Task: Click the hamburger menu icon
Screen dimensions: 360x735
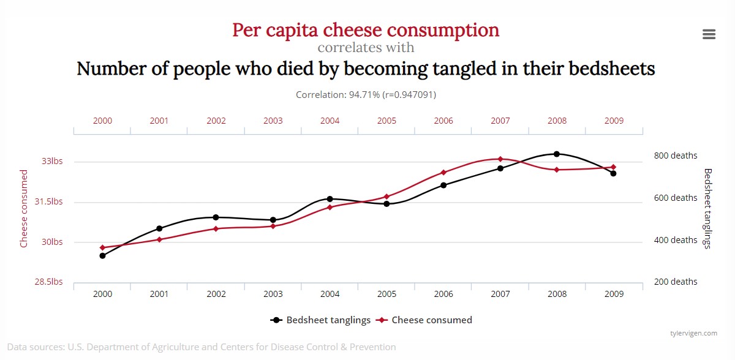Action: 709,34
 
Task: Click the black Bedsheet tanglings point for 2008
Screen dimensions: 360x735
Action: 557,154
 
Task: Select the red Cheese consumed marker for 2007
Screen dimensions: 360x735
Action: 500,159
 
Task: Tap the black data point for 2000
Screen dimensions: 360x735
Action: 103,255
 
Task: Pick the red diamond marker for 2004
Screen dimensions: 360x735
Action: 330,207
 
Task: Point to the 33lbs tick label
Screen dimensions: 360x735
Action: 52,162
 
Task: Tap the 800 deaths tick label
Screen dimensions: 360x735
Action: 675,156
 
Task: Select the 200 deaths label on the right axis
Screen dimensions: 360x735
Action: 675,282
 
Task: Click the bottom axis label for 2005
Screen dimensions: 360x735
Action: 386,294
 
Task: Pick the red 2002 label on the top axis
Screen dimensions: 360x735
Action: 216,121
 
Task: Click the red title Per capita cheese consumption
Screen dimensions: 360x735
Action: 366,29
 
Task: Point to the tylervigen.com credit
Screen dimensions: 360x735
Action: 693,333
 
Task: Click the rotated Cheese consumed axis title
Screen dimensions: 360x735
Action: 24,209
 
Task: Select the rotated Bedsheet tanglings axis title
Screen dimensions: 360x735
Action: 707,208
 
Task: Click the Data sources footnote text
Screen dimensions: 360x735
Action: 202,347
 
